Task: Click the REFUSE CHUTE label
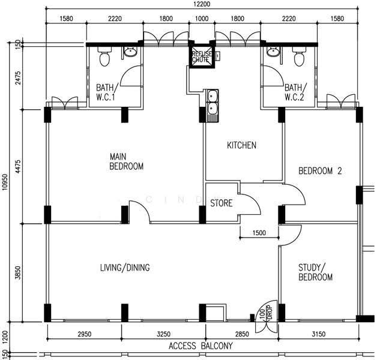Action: point(202,57)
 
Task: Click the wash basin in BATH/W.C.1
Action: point(130,52)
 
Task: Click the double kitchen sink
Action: point(213,105)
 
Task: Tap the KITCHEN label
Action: point(242,145)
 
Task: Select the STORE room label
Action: point(222,203)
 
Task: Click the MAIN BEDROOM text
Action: point(126,161)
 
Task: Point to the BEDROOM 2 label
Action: point(320,171)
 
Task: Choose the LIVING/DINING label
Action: point(125,268)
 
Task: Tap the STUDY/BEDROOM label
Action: point(315,272)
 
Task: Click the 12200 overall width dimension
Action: point(202,4)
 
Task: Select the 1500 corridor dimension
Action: point(259,233)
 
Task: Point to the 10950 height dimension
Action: point(5,182)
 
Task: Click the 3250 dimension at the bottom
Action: point(163,334)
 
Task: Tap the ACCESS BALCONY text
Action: point(201,346)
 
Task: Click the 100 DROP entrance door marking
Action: point(266,313)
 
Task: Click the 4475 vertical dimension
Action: point(18,166)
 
